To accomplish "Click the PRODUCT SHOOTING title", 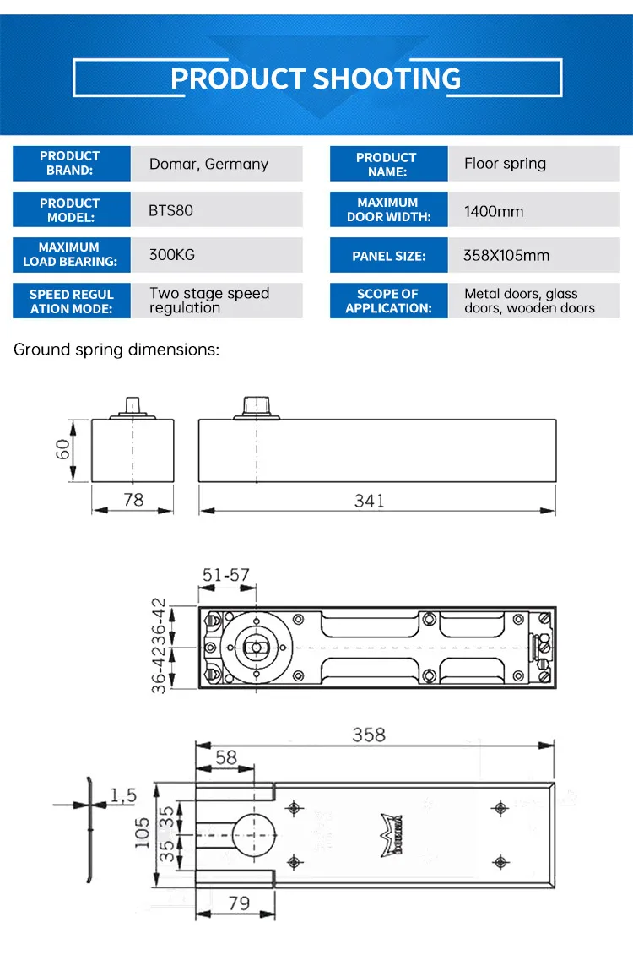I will pos(316,79).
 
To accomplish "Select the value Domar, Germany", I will pos(208,164).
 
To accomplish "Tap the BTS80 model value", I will pos(170,210).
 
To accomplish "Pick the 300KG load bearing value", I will pos(172,254).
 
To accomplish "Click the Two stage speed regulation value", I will pos(209,301).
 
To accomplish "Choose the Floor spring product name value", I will pos(505,164).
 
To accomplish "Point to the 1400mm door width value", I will pos(494,212).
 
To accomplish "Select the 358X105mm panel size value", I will pos(506,255).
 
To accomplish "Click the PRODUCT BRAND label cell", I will pos(70,163).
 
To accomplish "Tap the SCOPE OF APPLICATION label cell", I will pos(388,301).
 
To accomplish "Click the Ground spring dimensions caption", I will pos(116,350).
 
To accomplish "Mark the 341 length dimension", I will pos(369,501).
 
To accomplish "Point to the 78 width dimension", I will pos(133,500).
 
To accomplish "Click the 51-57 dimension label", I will pos(225,575).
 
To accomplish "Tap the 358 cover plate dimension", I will pos(368,735).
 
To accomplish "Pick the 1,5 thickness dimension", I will pos(123,795).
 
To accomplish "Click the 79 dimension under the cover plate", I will pos(239,903).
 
